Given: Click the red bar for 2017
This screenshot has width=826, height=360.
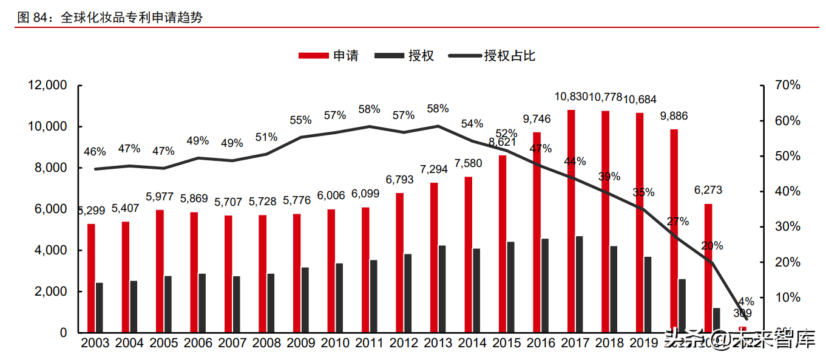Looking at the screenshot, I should (x=571, y=221).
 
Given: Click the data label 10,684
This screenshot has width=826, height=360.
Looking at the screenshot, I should (x=640, y=99).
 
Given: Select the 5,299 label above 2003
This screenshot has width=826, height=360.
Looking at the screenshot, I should (x=91, y=211).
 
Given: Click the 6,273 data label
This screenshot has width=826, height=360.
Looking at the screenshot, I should (x=708, y=190).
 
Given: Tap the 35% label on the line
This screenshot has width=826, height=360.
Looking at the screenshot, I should (x=644, y=192).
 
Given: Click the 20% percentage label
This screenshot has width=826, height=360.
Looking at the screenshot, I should (x=712, y=246).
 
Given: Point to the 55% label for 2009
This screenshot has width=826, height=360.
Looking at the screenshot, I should (x=300, y=120).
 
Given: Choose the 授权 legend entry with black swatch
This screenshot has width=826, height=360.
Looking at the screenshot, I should (x=405, y=56).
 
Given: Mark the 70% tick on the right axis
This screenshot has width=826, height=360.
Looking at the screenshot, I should (x=788, y=86).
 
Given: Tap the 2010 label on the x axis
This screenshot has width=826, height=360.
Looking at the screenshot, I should (x=335, y=343).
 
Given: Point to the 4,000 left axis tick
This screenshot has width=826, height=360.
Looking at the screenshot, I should (x=51, y=250).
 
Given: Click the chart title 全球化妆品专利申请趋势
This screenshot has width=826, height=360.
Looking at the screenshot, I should (x=131, y=18).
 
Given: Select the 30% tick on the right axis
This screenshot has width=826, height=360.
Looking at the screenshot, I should (x=788, y=226).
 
